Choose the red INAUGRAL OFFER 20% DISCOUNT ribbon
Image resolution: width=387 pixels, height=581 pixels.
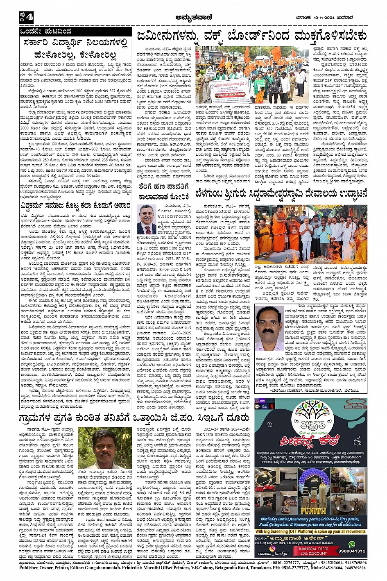coord(313,551)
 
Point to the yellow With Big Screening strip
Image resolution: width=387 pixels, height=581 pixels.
coord(310,532)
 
